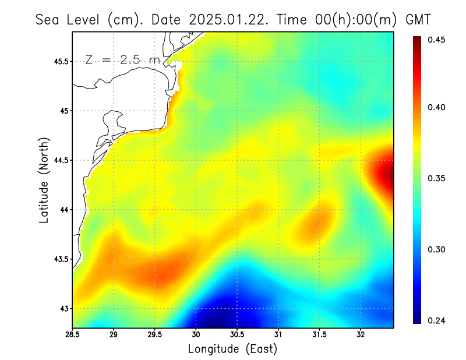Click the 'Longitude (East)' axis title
pos(232,349)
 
